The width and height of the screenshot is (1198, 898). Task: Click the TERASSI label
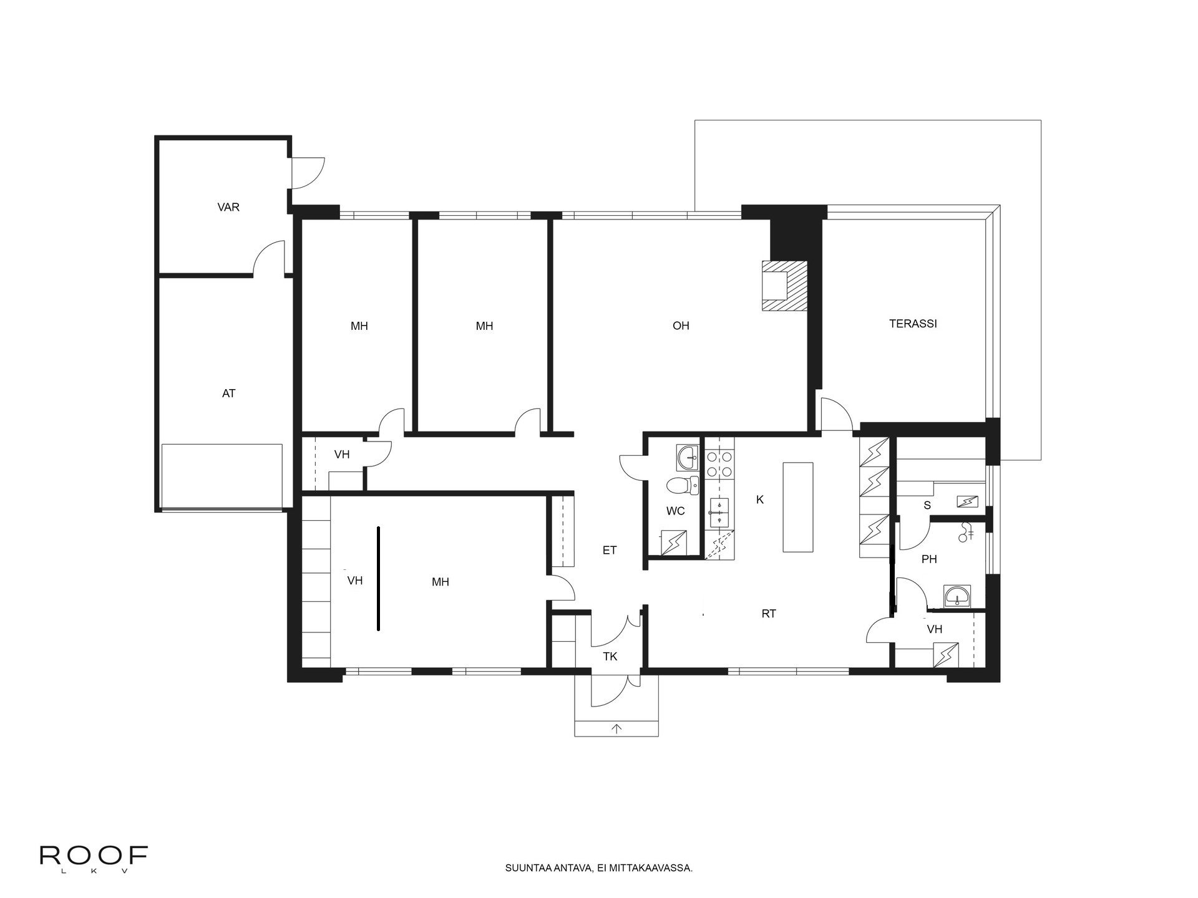(x=913, y=324)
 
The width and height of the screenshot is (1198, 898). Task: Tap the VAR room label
(x=228, y=207)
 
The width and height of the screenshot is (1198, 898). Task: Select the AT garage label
(x=229, y=393)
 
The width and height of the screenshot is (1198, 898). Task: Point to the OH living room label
(x=681, y=326)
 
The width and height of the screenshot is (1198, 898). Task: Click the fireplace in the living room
(x=784, y=286)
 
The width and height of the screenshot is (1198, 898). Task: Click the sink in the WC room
(x=689, y=457)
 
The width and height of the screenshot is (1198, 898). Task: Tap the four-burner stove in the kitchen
(x=719, y=465)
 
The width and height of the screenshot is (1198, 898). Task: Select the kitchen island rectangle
(x=798, y=507)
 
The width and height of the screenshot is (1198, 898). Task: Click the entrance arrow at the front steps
(x=617, y=728)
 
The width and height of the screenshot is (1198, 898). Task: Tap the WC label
(x=676, y=511)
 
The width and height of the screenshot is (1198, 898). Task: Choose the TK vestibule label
(x=610, y=657)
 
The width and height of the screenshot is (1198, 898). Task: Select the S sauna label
(x=927, y=505)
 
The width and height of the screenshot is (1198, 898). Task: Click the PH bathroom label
(x=929, y=559)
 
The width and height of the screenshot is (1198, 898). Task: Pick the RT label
(x=769, y=614)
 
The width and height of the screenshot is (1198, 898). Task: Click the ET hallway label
(x=610, y=550)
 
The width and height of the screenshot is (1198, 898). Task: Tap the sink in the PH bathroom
(x=957, y=596)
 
